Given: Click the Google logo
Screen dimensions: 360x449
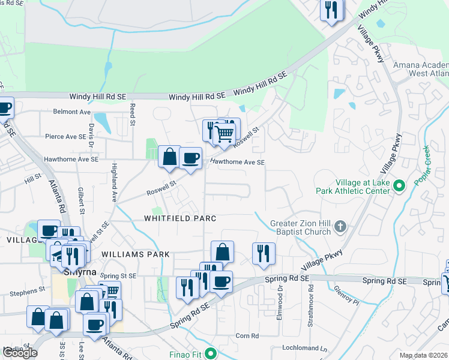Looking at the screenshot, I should pos(20,353).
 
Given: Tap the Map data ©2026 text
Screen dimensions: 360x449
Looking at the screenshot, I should pos(422,355).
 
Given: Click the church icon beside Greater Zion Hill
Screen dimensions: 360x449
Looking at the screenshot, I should pos(340,227).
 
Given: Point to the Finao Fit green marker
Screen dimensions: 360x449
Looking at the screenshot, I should pos(209,354).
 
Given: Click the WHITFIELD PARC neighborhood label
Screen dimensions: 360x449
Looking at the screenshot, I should pos(179,218).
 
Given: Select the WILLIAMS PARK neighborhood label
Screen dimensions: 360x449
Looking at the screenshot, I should pos(136,254).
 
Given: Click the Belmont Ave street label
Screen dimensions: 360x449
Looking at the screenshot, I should pos(71,112).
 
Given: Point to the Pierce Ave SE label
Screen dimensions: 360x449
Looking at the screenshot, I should pos(66,136).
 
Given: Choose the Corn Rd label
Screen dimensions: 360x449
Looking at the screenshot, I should pos(247,336).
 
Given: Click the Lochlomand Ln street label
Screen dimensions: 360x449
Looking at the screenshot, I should pos(307,348).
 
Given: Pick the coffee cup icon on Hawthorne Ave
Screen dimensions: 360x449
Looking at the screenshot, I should pos(190,158).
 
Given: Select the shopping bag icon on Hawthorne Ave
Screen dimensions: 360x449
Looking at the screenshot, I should pos(170,157).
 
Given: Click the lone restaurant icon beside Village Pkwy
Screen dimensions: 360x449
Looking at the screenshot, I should pos(264,254).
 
